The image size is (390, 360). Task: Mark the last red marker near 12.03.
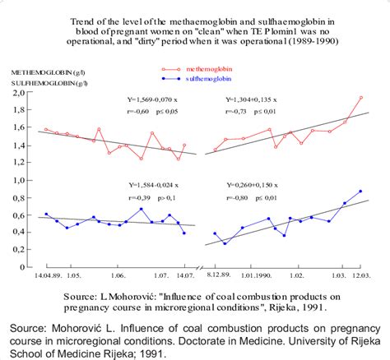point(360,98)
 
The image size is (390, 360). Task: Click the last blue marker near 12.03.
point(360,192)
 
